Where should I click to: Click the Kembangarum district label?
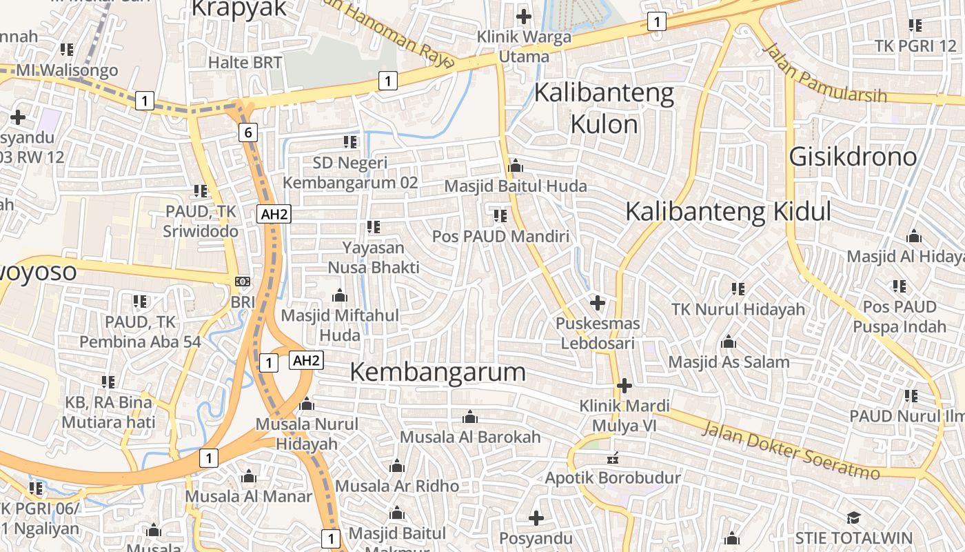pyautogui.click(x=438, y=373)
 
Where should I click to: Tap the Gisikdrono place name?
pyautogui.click(x=853, y=157)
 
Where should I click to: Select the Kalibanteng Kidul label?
pyautogui.click(x=728, y=212)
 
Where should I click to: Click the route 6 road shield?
pyautogui.click(x=248, y=132)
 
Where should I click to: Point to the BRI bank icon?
pyautogui.click(x=243, y=282)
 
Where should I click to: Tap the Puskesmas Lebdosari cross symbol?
pyautogui.click(x=598, y=302)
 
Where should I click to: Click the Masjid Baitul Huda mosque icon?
pyautogui.click(x=515, y=166)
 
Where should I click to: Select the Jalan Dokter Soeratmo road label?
pyautogui.click(x=791, y=451)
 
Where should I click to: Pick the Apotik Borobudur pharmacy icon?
pyautogui.click(x=612, y=458)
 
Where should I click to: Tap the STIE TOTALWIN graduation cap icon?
pyautogui.click(x=853, y=517)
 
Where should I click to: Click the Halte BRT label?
pyautogui.click(x=245, y=62)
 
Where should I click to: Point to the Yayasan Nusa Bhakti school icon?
pyautogui.click(x=374, y=226)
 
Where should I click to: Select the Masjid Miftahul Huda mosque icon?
pyautogui.click(x=339, y=296)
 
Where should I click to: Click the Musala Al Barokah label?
pyautogui.click(x=470, y=437)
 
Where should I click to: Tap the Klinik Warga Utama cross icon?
pyautogui.click(x=524, y=16)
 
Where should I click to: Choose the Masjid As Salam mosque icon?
pyautogui.click(x=729, y=342)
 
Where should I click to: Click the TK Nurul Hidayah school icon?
pyautogui.click(x=738, y=288)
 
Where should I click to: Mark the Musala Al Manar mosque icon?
pyautogui.click(x=249, y=476)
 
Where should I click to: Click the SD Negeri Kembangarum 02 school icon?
pyautogui.click(x=350, y=142)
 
